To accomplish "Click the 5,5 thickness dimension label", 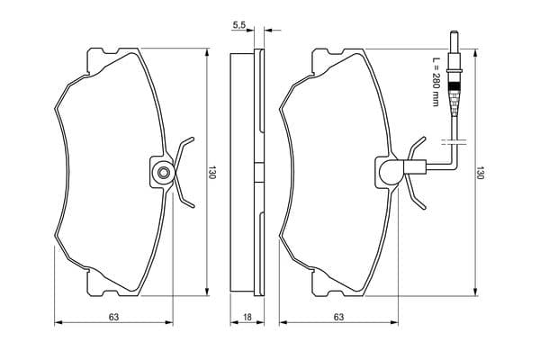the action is coord(239,25).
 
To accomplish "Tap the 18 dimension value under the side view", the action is coord(247,317).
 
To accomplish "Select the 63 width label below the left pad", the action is coord(113,317).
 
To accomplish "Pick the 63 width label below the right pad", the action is coord(338,317).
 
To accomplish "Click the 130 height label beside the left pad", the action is coord(211,172).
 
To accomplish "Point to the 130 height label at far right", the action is coord(480,172).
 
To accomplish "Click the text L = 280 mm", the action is coord(436,81).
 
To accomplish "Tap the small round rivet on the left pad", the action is coord(163,172).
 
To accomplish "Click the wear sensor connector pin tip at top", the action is coord(454,32).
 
